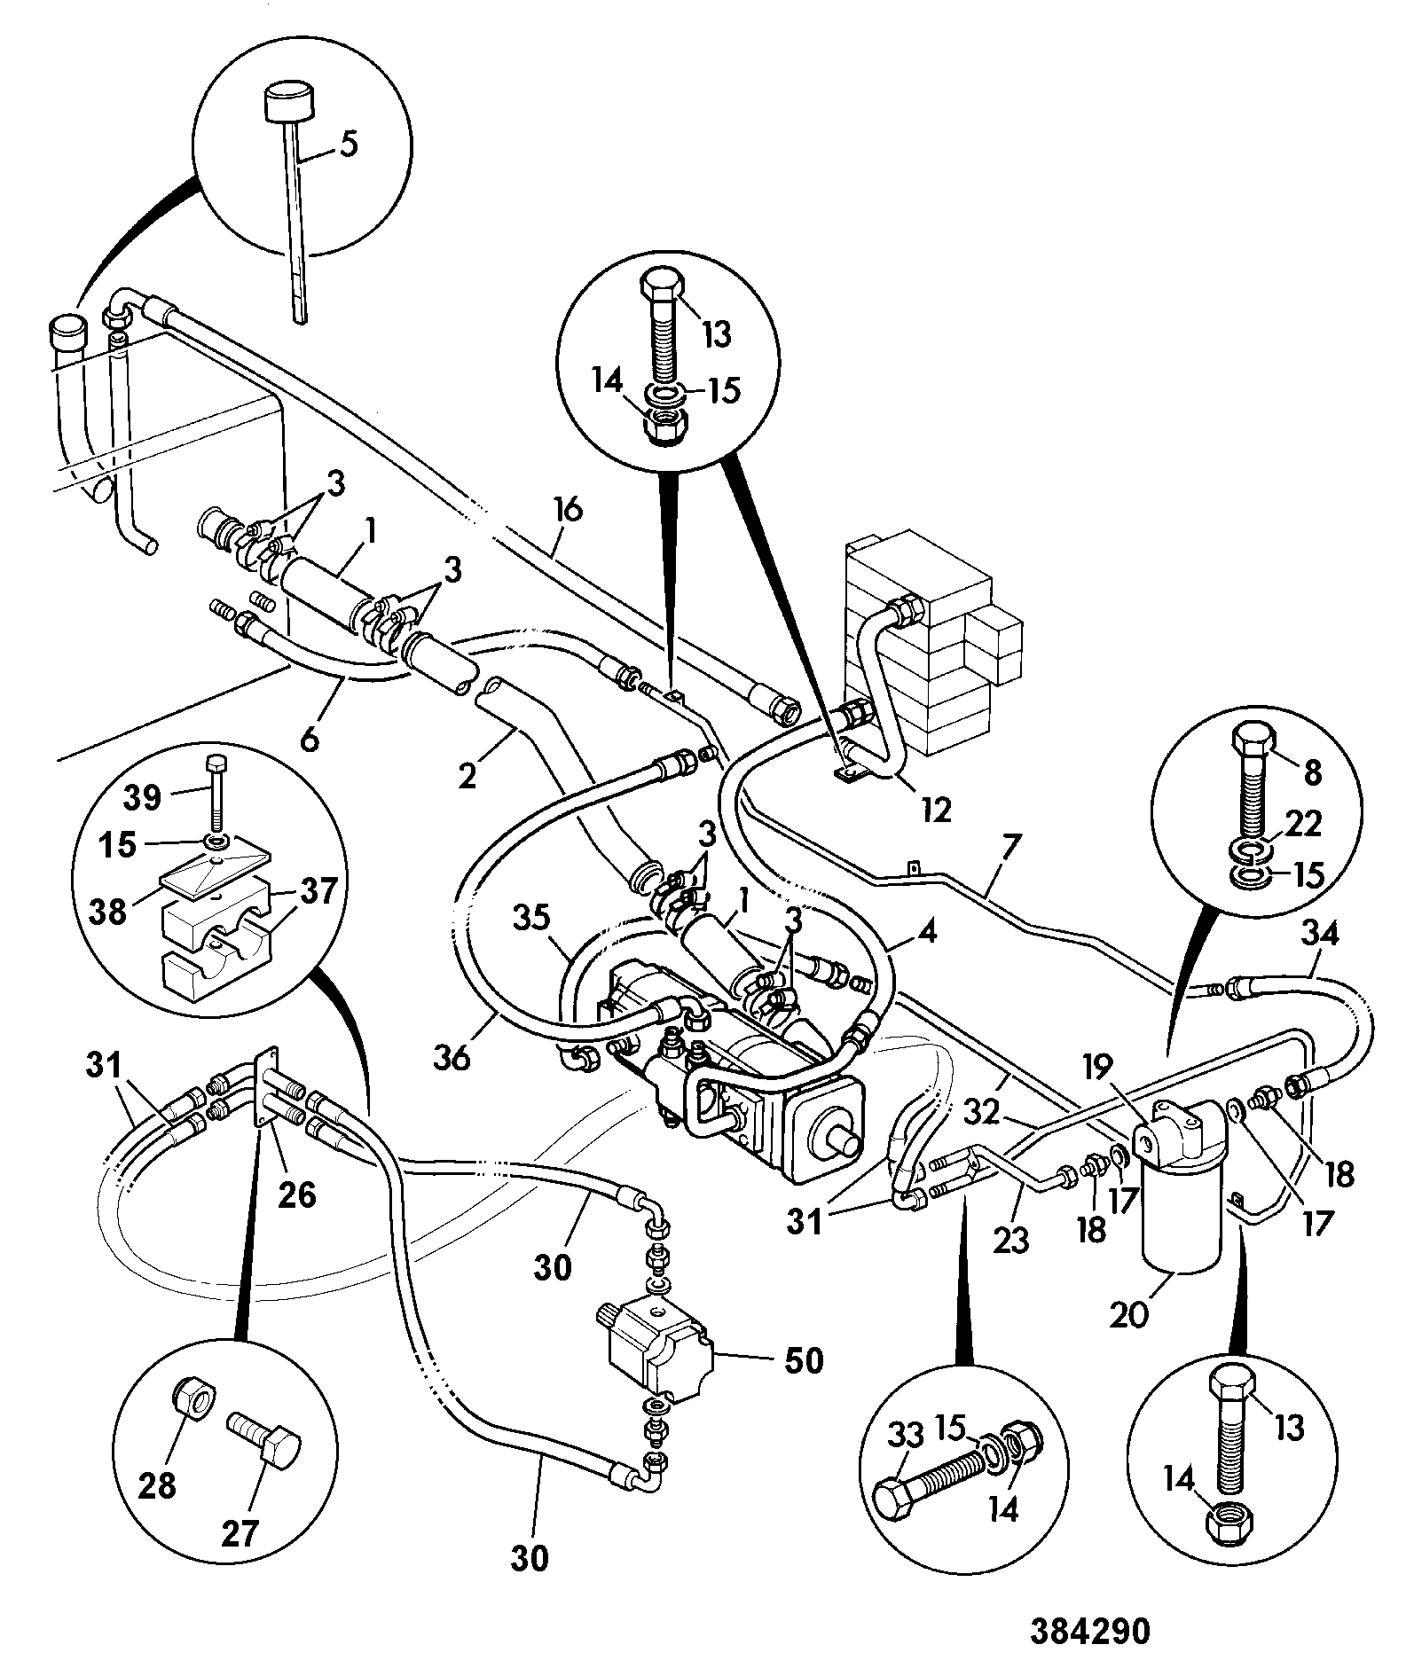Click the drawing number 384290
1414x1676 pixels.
1089,1632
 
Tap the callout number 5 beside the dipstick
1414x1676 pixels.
349,145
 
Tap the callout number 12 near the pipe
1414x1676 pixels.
936,809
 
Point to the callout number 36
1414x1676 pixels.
453,1057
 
